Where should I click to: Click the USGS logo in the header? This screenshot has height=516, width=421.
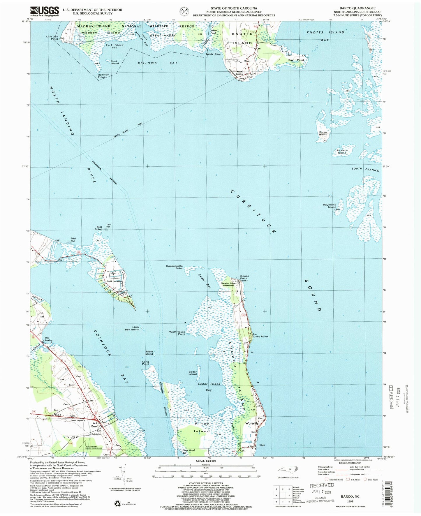(x=45, y=11)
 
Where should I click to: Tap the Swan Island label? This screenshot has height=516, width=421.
(x=323, y=133)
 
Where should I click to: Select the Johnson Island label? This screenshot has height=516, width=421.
(x=342, y=152)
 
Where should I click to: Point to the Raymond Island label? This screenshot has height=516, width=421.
(x=330, y=206)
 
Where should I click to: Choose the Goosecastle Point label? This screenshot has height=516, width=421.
(x=174, y=267)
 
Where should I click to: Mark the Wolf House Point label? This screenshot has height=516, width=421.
(x=177, y=333)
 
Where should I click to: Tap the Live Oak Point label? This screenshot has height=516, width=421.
(x=52, y=38)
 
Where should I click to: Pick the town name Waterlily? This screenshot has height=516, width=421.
(x=252, y=423)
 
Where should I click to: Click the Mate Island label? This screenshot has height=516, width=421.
(x=149, y=353)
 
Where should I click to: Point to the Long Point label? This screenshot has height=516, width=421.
(x=145, y=363)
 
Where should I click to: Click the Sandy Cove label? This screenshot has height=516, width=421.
(x=213, y=54)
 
